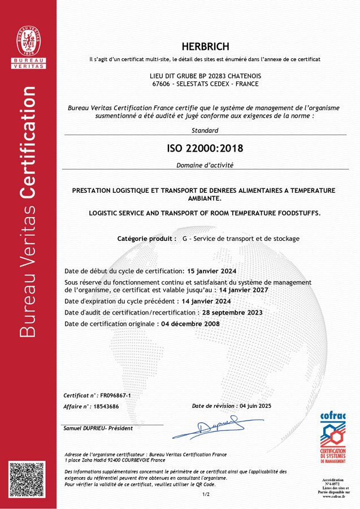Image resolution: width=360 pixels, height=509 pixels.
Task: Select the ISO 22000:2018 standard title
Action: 205,149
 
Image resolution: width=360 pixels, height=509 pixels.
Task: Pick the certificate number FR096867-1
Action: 116,395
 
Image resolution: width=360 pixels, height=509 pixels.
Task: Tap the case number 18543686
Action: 106,406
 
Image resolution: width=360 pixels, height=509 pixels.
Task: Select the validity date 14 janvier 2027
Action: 244,290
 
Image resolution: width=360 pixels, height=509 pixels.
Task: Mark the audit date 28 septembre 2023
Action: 232,312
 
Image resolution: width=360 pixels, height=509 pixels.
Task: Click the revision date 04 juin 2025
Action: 255,406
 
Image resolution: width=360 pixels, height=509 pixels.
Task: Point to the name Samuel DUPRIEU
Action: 84,428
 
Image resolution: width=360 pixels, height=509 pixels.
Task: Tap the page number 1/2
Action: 206,494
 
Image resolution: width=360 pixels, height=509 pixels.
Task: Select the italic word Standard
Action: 205,131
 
